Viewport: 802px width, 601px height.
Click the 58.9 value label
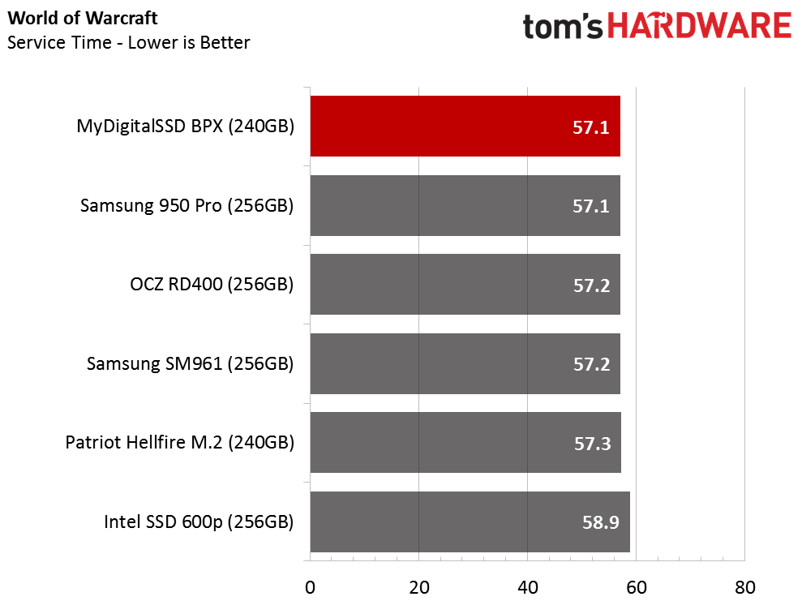601,522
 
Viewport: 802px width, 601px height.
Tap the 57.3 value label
591,443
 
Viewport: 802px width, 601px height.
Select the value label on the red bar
591,127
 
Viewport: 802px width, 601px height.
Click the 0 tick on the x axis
310,586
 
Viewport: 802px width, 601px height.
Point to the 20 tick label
418,586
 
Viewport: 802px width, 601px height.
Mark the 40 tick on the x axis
527,586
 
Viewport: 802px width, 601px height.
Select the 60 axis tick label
636,586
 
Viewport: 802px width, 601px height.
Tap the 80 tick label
744,586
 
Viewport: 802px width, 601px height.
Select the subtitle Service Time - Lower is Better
129,42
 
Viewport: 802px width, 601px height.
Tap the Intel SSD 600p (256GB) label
199,522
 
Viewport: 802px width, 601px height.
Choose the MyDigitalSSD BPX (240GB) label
185,127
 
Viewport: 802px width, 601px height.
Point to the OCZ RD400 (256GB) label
212,285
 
